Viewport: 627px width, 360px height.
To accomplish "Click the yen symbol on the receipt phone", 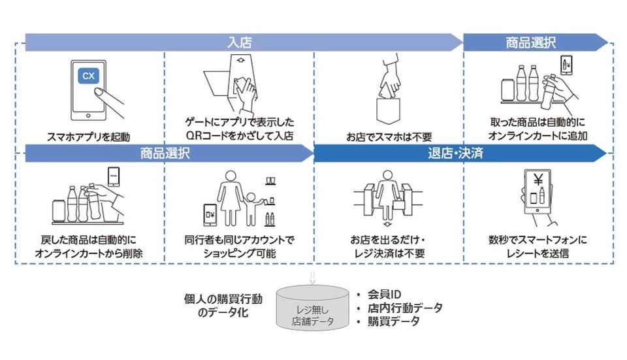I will point(540,180).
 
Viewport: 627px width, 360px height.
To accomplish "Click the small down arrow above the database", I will point(312,276).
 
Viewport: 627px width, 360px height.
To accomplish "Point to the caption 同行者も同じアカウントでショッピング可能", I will point(239,247).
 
